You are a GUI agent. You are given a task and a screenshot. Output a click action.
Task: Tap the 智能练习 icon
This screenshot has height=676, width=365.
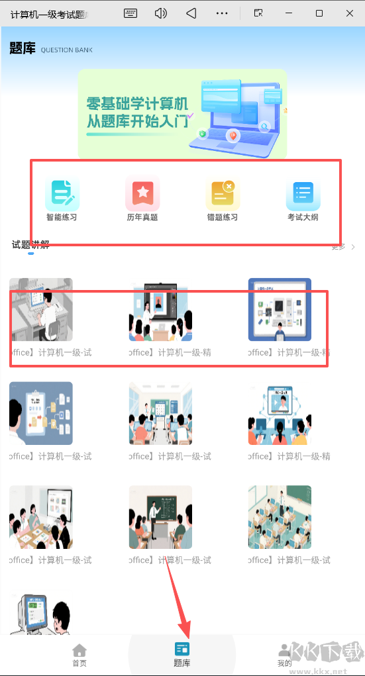62,193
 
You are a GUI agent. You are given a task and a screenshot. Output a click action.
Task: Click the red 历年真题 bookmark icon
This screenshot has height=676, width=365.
142,193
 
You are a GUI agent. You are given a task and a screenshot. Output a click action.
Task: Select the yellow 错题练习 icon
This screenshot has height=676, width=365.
223,193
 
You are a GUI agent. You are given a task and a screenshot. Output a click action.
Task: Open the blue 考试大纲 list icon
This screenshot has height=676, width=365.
303,193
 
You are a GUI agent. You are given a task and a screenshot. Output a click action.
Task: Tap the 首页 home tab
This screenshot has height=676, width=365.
79,654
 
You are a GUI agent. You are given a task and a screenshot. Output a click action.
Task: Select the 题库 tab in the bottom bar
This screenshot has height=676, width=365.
182,654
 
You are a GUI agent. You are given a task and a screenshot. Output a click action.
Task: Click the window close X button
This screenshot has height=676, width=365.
348,13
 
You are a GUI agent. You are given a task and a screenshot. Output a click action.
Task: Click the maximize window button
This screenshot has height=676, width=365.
319,13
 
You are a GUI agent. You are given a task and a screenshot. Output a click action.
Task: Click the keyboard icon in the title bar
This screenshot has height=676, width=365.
130,13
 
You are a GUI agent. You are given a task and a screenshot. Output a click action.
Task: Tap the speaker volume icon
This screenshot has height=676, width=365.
161,13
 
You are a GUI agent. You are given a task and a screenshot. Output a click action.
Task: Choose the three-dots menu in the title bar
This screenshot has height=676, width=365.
222,13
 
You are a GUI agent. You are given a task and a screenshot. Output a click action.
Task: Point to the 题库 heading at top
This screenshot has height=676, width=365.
23,48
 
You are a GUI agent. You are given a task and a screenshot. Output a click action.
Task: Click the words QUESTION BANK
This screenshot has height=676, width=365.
67,50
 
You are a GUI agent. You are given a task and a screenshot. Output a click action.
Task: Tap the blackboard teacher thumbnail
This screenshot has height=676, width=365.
160,517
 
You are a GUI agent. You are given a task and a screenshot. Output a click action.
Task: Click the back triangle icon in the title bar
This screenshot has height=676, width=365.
191,13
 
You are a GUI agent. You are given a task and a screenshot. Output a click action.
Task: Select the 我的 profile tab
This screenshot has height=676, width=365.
285,654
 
